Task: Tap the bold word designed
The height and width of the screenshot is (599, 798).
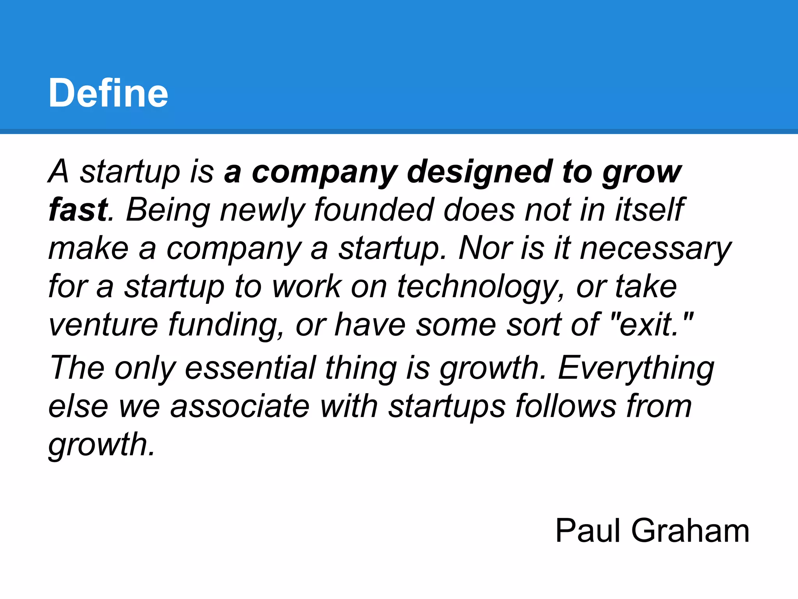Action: click(x=479, y=172)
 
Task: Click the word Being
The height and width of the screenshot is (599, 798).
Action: click(x=168, y=211)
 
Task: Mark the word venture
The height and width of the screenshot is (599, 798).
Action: click(x=103, y=324)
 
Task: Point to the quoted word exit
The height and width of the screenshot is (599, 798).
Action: click(x=648, y=324)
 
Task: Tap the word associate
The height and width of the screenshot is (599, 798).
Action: click(x=240, y=406)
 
